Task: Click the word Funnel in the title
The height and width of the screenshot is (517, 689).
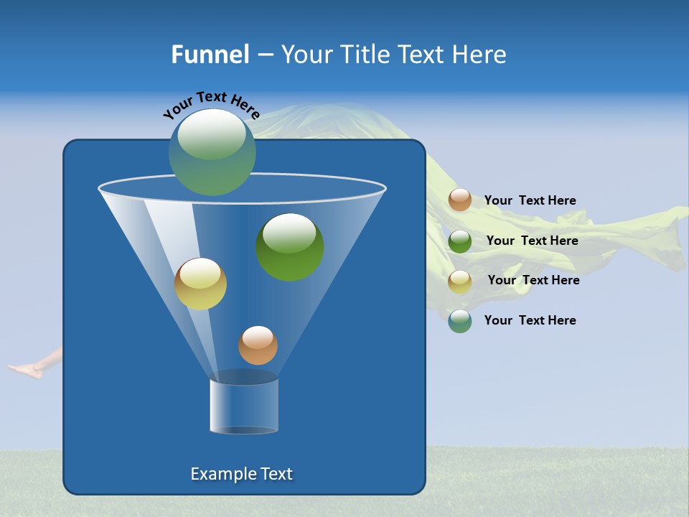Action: (210, 55)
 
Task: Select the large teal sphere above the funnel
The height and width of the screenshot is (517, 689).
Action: (212, 152)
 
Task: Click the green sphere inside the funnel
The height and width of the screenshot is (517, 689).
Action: (290, 247)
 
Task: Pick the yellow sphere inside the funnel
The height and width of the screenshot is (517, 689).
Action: (200, 284)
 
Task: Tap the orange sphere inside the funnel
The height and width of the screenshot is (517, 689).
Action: (258, 345)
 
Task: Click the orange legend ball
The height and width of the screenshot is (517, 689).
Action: (460, 200)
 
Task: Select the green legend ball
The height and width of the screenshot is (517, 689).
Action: (460, 241)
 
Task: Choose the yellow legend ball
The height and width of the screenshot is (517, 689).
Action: (460, 281)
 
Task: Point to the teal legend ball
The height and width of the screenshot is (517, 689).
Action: (460, 321)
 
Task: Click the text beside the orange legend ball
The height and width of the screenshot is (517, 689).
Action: (530, 200)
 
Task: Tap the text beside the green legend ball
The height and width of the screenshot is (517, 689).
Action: (532, 241)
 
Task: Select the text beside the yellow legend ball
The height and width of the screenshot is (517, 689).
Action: (533, 280)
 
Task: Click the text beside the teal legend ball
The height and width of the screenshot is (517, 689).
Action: (530, 320)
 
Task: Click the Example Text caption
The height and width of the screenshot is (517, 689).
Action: (241, 474)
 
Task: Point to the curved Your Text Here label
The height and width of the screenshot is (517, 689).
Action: (211, 104)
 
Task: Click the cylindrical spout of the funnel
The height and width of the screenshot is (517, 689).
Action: (244, 406)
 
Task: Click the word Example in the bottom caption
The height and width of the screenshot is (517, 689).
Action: (219, 474)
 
